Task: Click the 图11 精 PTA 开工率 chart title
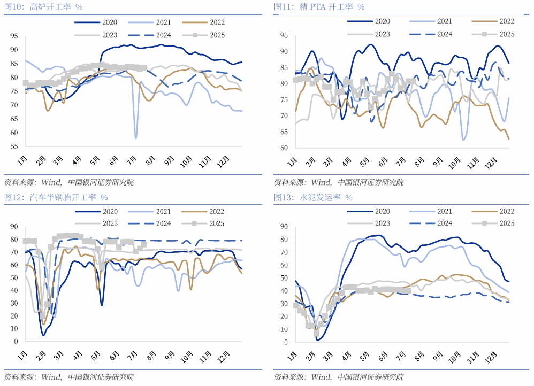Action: coord(319,7)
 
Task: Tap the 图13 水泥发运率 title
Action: coord(313,197)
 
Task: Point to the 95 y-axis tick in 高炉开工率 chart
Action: coord(14,36)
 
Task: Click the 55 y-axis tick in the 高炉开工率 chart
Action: coord(14,146)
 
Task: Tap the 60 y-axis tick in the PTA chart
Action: coord(284,148)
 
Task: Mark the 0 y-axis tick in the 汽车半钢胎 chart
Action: coord(16,341)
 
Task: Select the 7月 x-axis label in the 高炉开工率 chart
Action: coord(132,159)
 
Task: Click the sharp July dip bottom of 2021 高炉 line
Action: coord(135,138)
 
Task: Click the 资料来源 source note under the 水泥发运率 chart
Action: coord(338,377)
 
